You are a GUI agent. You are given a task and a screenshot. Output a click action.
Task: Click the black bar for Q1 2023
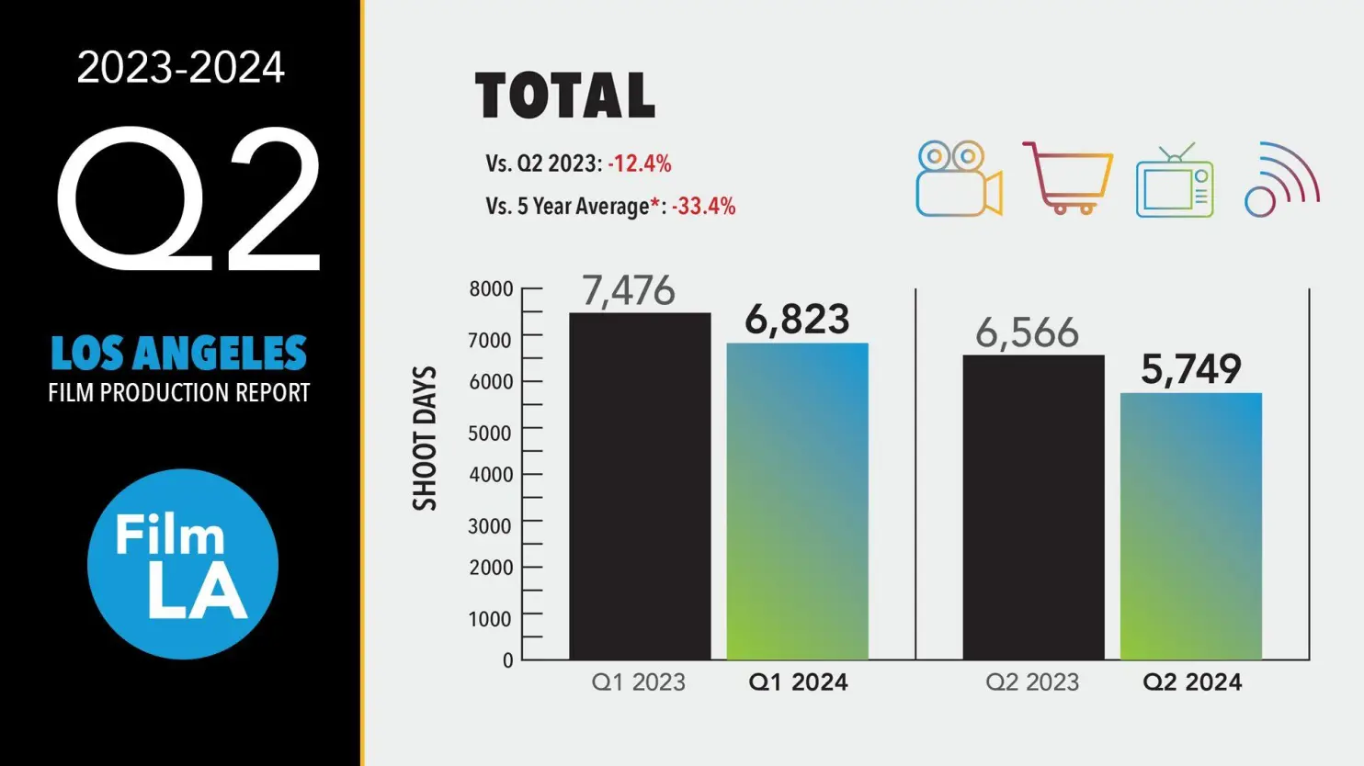point(640,486)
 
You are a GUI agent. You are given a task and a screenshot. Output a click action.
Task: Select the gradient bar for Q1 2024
point(797,501)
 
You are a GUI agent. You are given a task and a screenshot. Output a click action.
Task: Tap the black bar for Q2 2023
point(1033,507)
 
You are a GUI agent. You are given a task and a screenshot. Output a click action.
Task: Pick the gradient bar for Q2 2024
point(1190,525)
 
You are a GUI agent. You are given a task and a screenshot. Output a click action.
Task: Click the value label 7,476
point(629,291)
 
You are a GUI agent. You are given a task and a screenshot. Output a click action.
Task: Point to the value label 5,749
point(1191,369)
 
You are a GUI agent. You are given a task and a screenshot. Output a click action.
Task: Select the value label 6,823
point(797,320)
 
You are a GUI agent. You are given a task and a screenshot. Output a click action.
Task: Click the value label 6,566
point(1027,332)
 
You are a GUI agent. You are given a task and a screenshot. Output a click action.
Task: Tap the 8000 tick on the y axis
point(492,289)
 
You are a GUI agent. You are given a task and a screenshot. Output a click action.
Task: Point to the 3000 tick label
point(492,526)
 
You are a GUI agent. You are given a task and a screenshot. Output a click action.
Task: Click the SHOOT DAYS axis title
point(425,438)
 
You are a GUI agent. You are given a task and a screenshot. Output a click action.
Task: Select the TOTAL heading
point(565,96)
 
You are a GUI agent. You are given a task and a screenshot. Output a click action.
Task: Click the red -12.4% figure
point(640,164)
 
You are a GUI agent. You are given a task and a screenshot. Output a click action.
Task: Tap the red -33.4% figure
point(703,207)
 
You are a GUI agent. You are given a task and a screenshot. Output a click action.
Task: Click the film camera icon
point(958,179)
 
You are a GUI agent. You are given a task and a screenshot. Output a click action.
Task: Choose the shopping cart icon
point(1066,177)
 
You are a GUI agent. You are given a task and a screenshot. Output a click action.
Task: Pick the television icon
point(1175,181)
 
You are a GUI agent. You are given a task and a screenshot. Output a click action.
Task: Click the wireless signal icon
point(1281,179)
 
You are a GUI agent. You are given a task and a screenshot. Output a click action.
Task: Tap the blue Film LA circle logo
point(183,564)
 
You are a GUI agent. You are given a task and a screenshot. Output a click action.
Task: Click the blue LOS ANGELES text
point(179,354)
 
